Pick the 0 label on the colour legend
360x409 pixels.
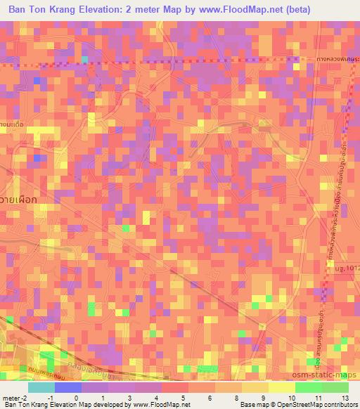point(76,397)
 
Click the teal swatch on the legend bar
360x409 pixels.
point(41,387)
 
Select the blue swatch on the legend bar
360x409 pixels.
point(68,387)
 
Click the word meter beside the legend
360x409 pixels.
point(12,397)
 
